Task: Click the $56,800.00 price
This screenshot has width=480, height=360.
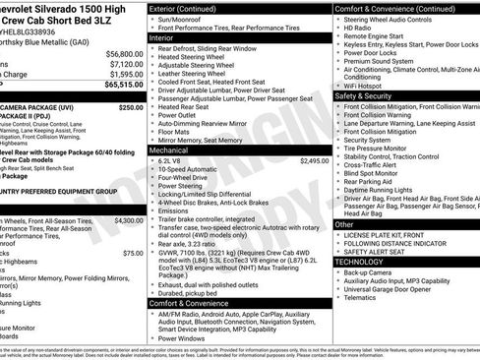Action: [124, 54]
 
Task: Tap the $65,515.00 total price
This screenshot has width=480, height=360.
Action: [124, 85]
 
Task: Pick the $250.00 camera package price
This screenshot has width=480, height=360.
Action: [131, 107]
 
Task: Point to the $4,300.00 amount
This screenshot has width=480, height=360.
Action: [128, 221]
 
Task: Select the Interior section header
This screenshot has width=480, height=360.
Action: [176, 36]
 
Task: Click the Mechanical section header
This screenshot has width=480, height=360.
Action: [182, 149]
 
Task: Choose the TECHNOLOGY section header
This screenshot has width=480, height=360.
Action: [361, 262]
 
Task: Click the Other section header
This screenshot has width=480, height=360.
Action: [345, 224]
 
